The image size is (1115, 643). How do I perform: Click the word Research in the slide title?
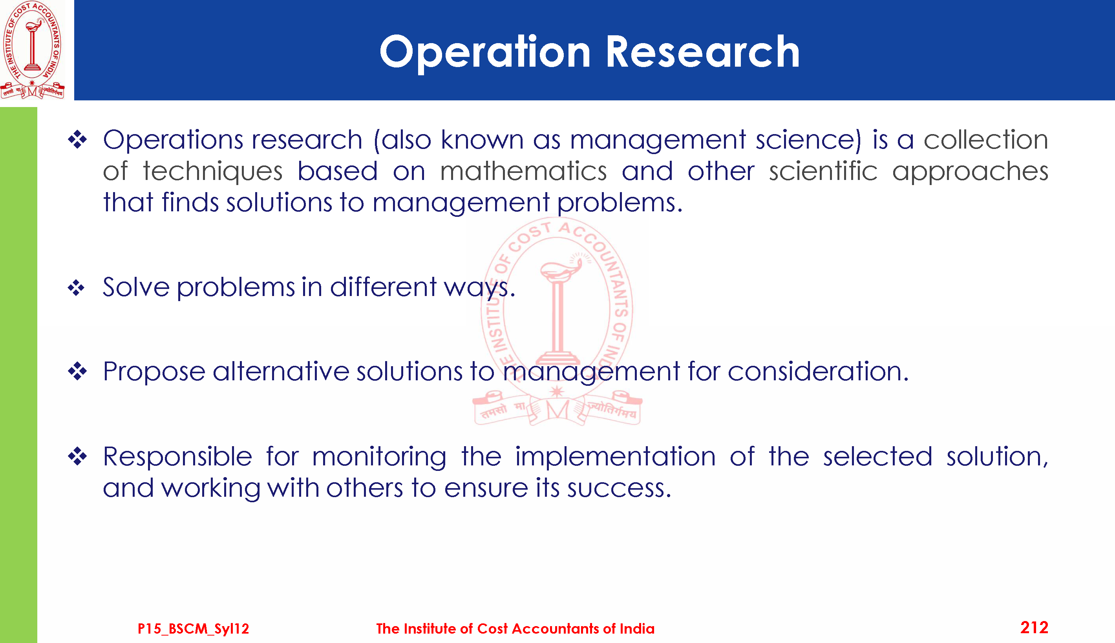click(x=702, y=52)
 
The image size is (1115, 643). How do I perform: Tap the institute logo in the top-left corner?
click(x=32, y=49)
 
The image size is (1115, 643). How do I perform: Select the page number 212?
click(x=1034, y=628)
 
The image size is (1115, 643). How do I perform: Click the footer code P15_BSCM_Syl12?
click(x=193, y=628)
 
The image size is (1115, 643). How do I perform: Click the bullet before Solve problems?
click(x=77, y=288)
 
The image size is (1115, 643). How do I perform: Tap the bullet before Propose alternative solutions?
click(x=77, y=371)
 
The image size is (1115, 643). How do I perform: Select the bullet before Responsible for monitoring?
click(x=77, y=456)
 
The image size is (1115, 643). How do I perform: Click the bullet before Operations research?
click(x=77, y=140)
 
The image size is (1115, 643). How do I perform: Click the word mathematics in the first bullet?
click(x=523, y=171)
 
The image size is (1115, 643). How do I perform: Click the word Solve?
click(x=136, y=287)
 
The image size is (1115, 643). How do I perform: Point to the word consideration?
click(x=818, y=371)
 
